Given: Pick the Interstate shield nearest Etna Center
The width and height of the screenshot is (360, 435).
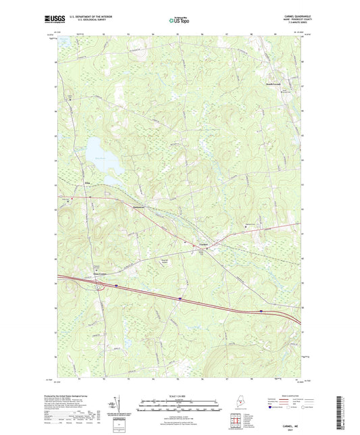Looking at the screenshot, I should coord(115,285).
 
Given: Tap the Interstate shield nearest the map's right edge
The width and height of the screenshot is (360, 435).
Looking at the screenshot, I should coord(261,311).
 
